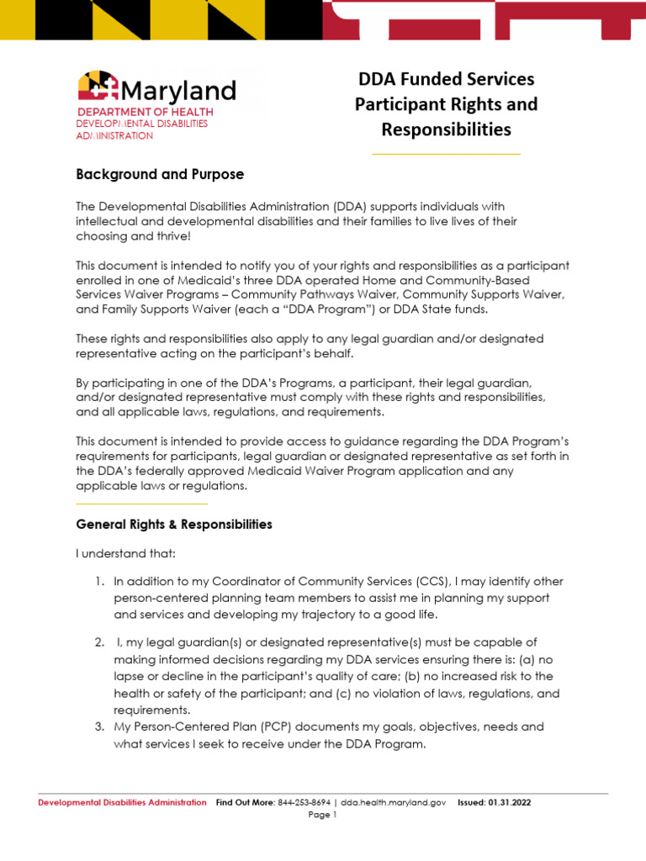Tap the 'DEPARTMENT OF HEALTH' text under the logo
click(146, 112)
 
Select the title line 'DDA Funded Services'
click(446, 79)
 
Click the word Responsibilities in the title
click(446, 129)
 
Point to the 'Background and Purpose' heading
click(160, 175)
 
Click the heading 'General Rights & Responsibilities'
click(174, 525)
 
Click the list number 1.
click(98, 582)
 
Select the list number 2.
click(98, 642)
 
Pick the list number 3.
click(98, 726)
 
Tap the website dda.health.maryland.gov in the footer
click(397, 803)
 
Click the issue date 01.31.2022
click(509, 803)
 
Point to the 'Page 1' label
click(322, 816)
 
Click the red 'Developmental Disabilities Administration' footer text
click(122, 803)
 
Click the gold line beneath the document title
click(446, 155)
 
